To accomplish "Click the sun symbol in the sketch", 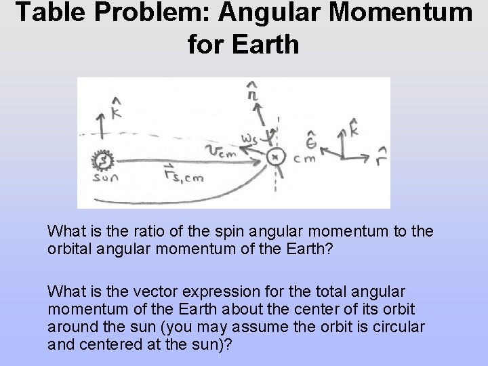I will [103, 161].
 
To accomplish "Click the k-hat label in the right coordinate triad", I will [353, 125].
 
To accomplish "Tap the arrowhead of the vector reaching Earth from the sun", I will [261, 159].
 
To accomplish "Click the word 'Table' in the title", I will [48, 13].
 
